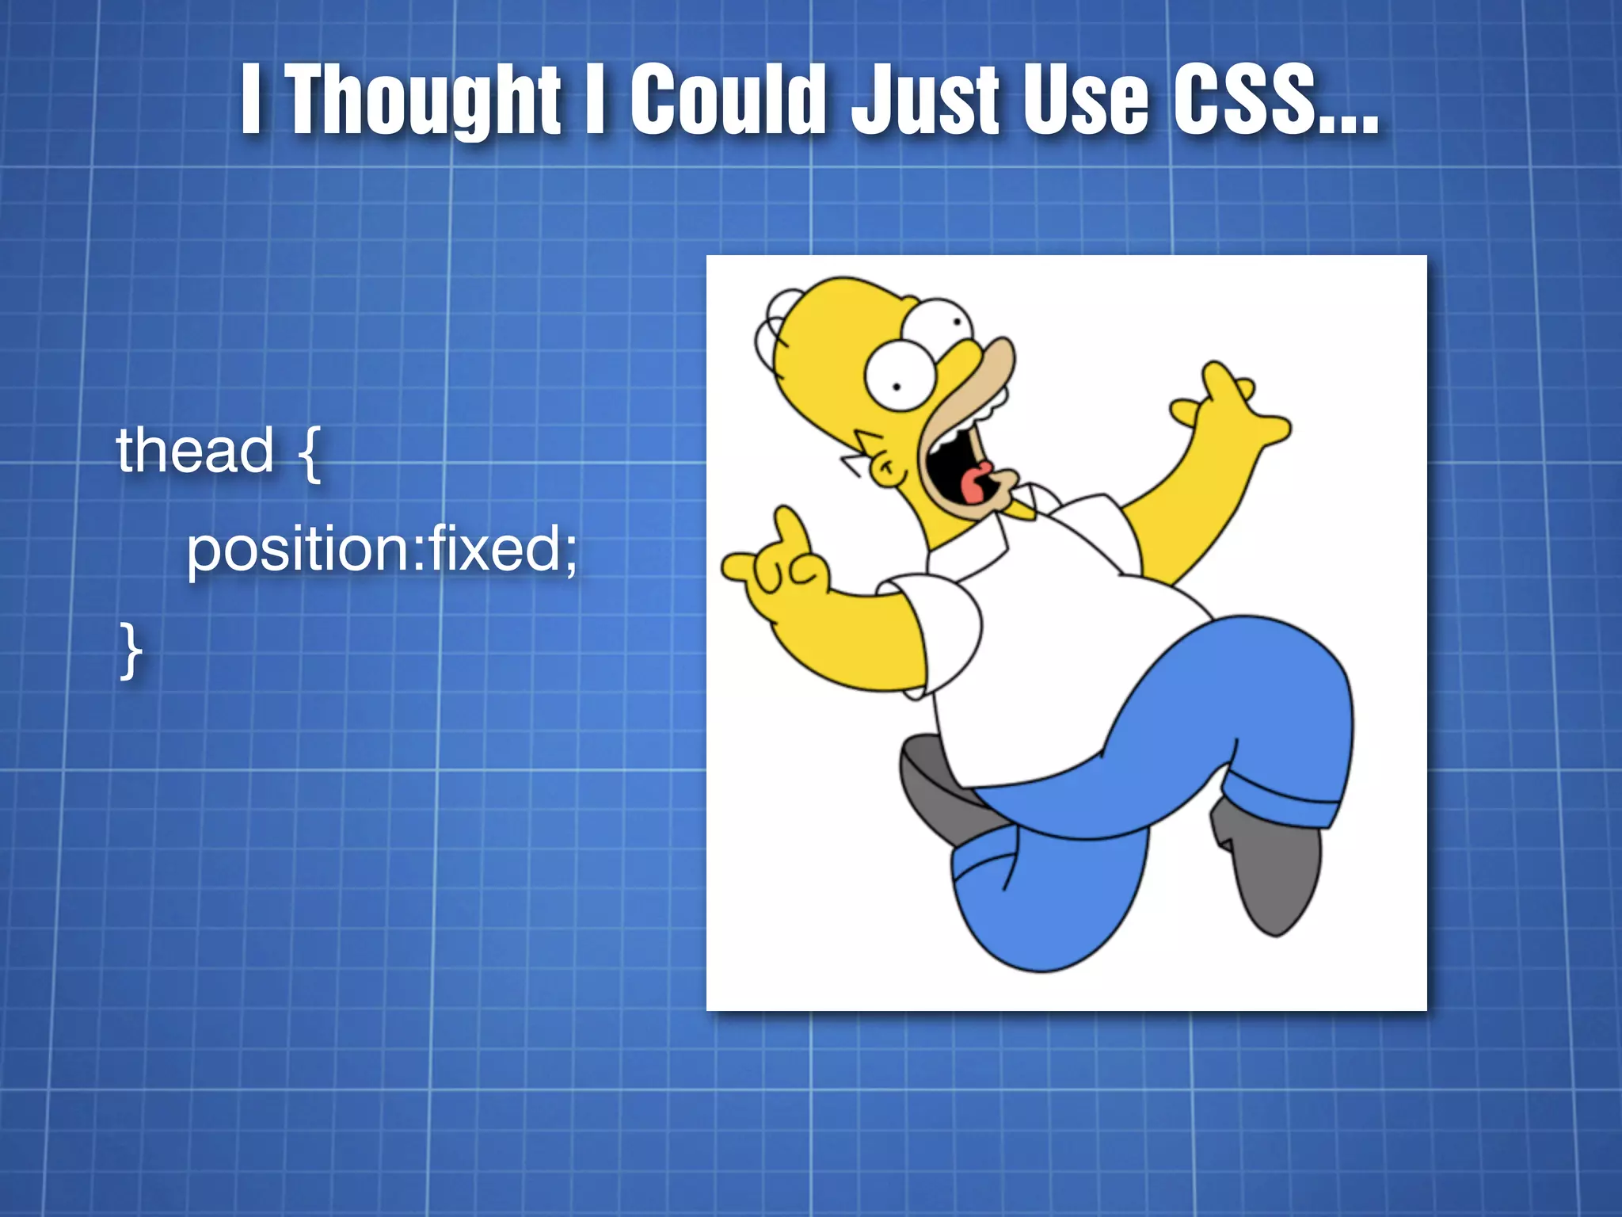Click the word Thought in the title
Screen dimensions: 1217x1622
(424, 101)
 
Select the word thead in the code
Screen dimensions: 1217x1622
(195, 450)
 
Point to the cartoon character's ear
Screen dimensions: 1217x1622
(885, 467)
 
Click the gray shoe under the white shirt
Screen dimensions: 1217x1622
(939, 788)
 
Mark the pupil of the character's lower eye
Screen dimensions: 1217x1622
(897, 387)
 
